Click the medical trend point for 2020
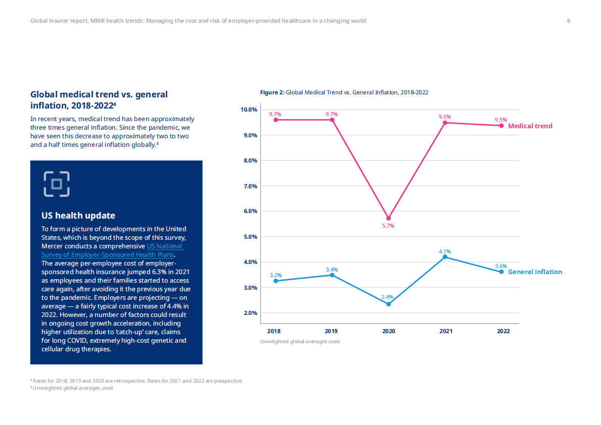(x=388, y=218)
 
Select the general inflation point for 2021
(x=445, y=257)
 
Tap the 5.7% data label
(x=388, y=226)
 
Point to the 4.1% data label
(x=445, y=251)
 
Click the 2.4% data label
(x=387, y=297)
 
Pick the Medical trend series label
(x=530, y=126)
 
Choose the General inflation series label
(x=535, y=272)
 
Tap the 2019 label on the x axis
(x=331, y=332)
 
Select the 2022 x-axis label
(x=503, y=332)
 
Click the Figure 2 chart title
(x=344, y=92)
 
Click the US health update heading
(x=78, y=216)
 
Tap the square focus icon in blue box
(x=57, y=184)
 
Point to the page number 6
(x=569, y=21)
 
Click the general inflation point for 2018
(x=275, y=281)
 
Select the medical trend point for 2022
(x=502, y=126)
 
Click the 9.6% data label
(x=445, y=117)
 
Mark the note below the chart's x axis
(x=300, y=342)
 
